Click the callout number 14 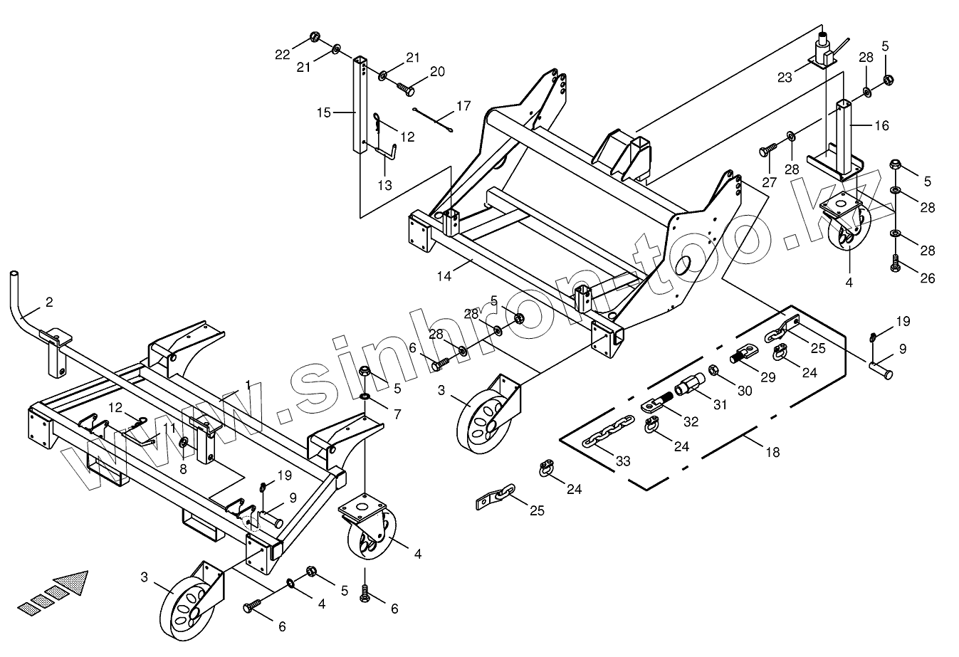444,276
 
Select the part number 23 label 785,78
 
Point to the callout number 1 248,384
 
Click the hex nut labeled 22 315,37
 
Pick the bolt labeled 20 406,89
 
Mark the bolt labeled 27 768,150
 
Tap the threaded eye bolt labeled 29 745,352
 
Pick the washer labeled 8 184,444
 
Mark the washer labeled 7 364,395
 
